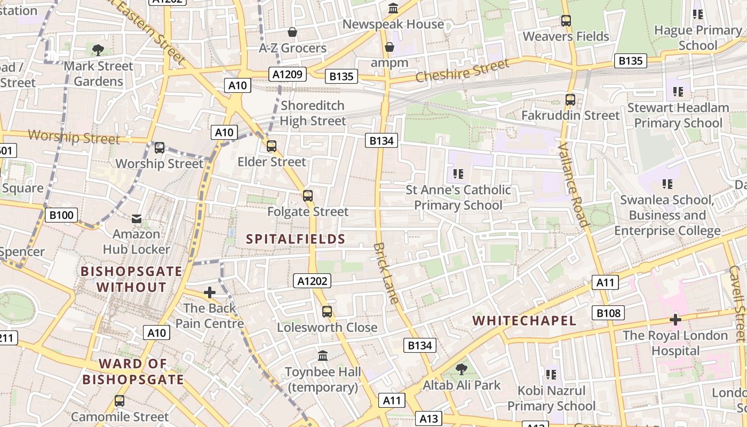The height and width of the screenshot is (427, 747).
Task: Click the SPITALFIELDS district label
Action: point(296,239)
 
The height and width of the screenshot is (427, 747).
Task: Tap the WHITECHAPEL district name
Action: point(525,321)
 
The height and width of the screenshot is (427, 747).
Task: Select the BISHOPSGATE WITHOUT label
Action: point(131,279)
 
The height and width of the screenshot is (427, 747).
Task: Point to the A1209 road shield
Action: point(288,74)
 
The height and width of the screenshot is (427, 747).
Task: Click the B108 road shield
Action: point(608,313)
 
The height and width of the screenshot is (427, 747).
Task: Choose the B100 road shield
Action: point(61,215)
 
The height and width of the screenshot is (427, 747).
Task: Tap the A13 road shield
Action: point(429,418)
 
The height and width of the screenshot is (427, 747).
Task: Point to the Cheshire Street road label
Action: point(462,71)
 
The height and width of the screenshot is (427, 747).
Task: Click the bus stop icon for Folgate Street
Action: point(308,196)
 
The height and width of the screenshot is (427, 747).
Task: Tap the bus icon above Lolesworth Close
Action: point(327,312)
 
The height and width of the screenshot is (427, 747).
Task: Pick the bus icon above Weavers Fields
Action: point(566,21)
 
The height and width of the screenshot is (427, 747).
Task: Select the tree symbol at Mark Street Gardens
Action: point(98,50)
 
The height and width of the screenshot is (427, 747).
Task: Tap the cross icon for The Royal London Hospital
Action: point(675,320)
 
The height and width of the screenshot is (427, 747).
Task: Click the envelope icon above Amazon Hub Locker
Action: point(137,218)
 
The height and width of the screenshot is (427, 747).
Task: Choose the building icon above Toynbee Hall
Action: point(323,355)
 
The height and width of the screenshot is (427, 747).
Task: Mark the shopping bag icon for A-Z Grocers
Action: point(292,33)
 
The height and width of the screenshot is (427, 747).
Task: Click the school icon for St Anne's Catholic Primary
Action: point(458,174)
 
